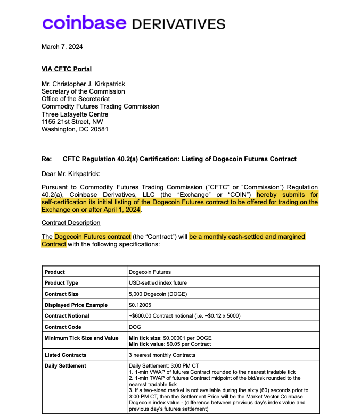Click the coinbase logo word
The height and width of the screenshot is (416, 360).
coord(84,23)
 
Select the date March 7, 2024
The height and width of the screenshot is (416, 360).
coord(62,47)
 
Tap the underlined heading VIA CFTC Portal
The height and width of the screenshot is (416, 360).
coord(67,69)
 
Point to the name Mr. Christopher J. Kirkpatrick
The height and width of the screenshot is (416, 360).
coord(83,84)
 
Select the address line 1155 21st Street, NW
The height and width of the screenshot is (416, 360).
coord(72,122)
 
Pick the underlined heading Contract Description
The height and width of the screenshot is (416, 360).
coord(71,222)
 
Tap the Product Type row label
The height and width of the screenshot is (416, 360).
coord(61,283)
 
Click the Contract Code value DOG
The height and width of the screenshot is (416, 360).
coord(135,327)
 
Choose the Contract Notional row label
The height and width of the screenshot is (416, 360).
coord(67,315)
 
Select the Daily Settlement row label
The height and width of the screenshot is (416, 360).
coord(65,365)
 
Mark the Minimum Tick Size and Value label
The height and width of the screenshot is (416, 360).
coord(81,338)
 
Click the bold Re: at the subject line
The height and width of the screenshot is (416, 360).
coord(46,159)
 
